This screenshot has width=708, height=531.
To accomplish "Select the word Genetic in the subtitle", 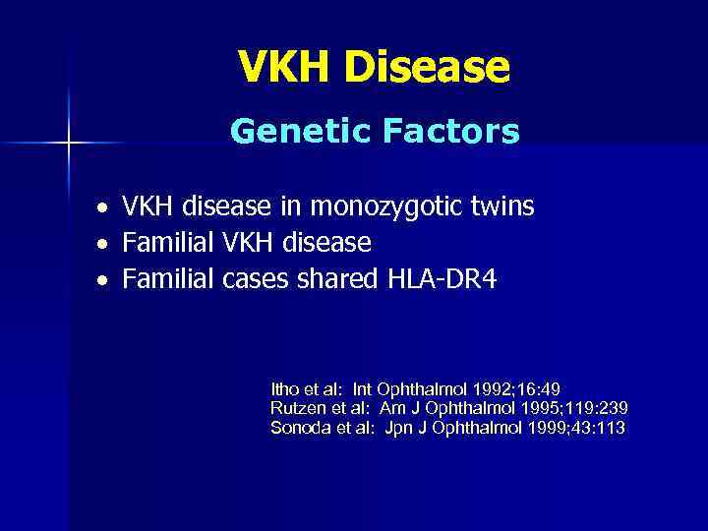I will point(292,131).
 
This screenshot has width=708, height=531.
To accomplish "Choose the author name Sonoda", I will point(298,428).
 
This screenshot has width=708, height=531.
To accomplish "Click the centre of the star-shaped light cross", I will point(69,144).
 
